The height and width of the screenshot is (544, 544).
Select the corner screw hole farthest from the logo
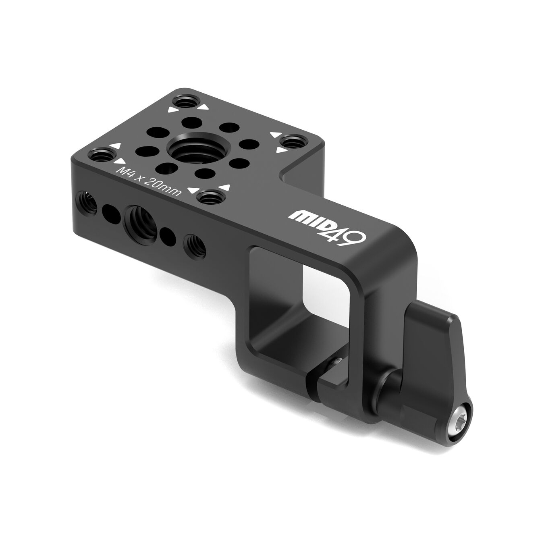coord(185,102)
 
